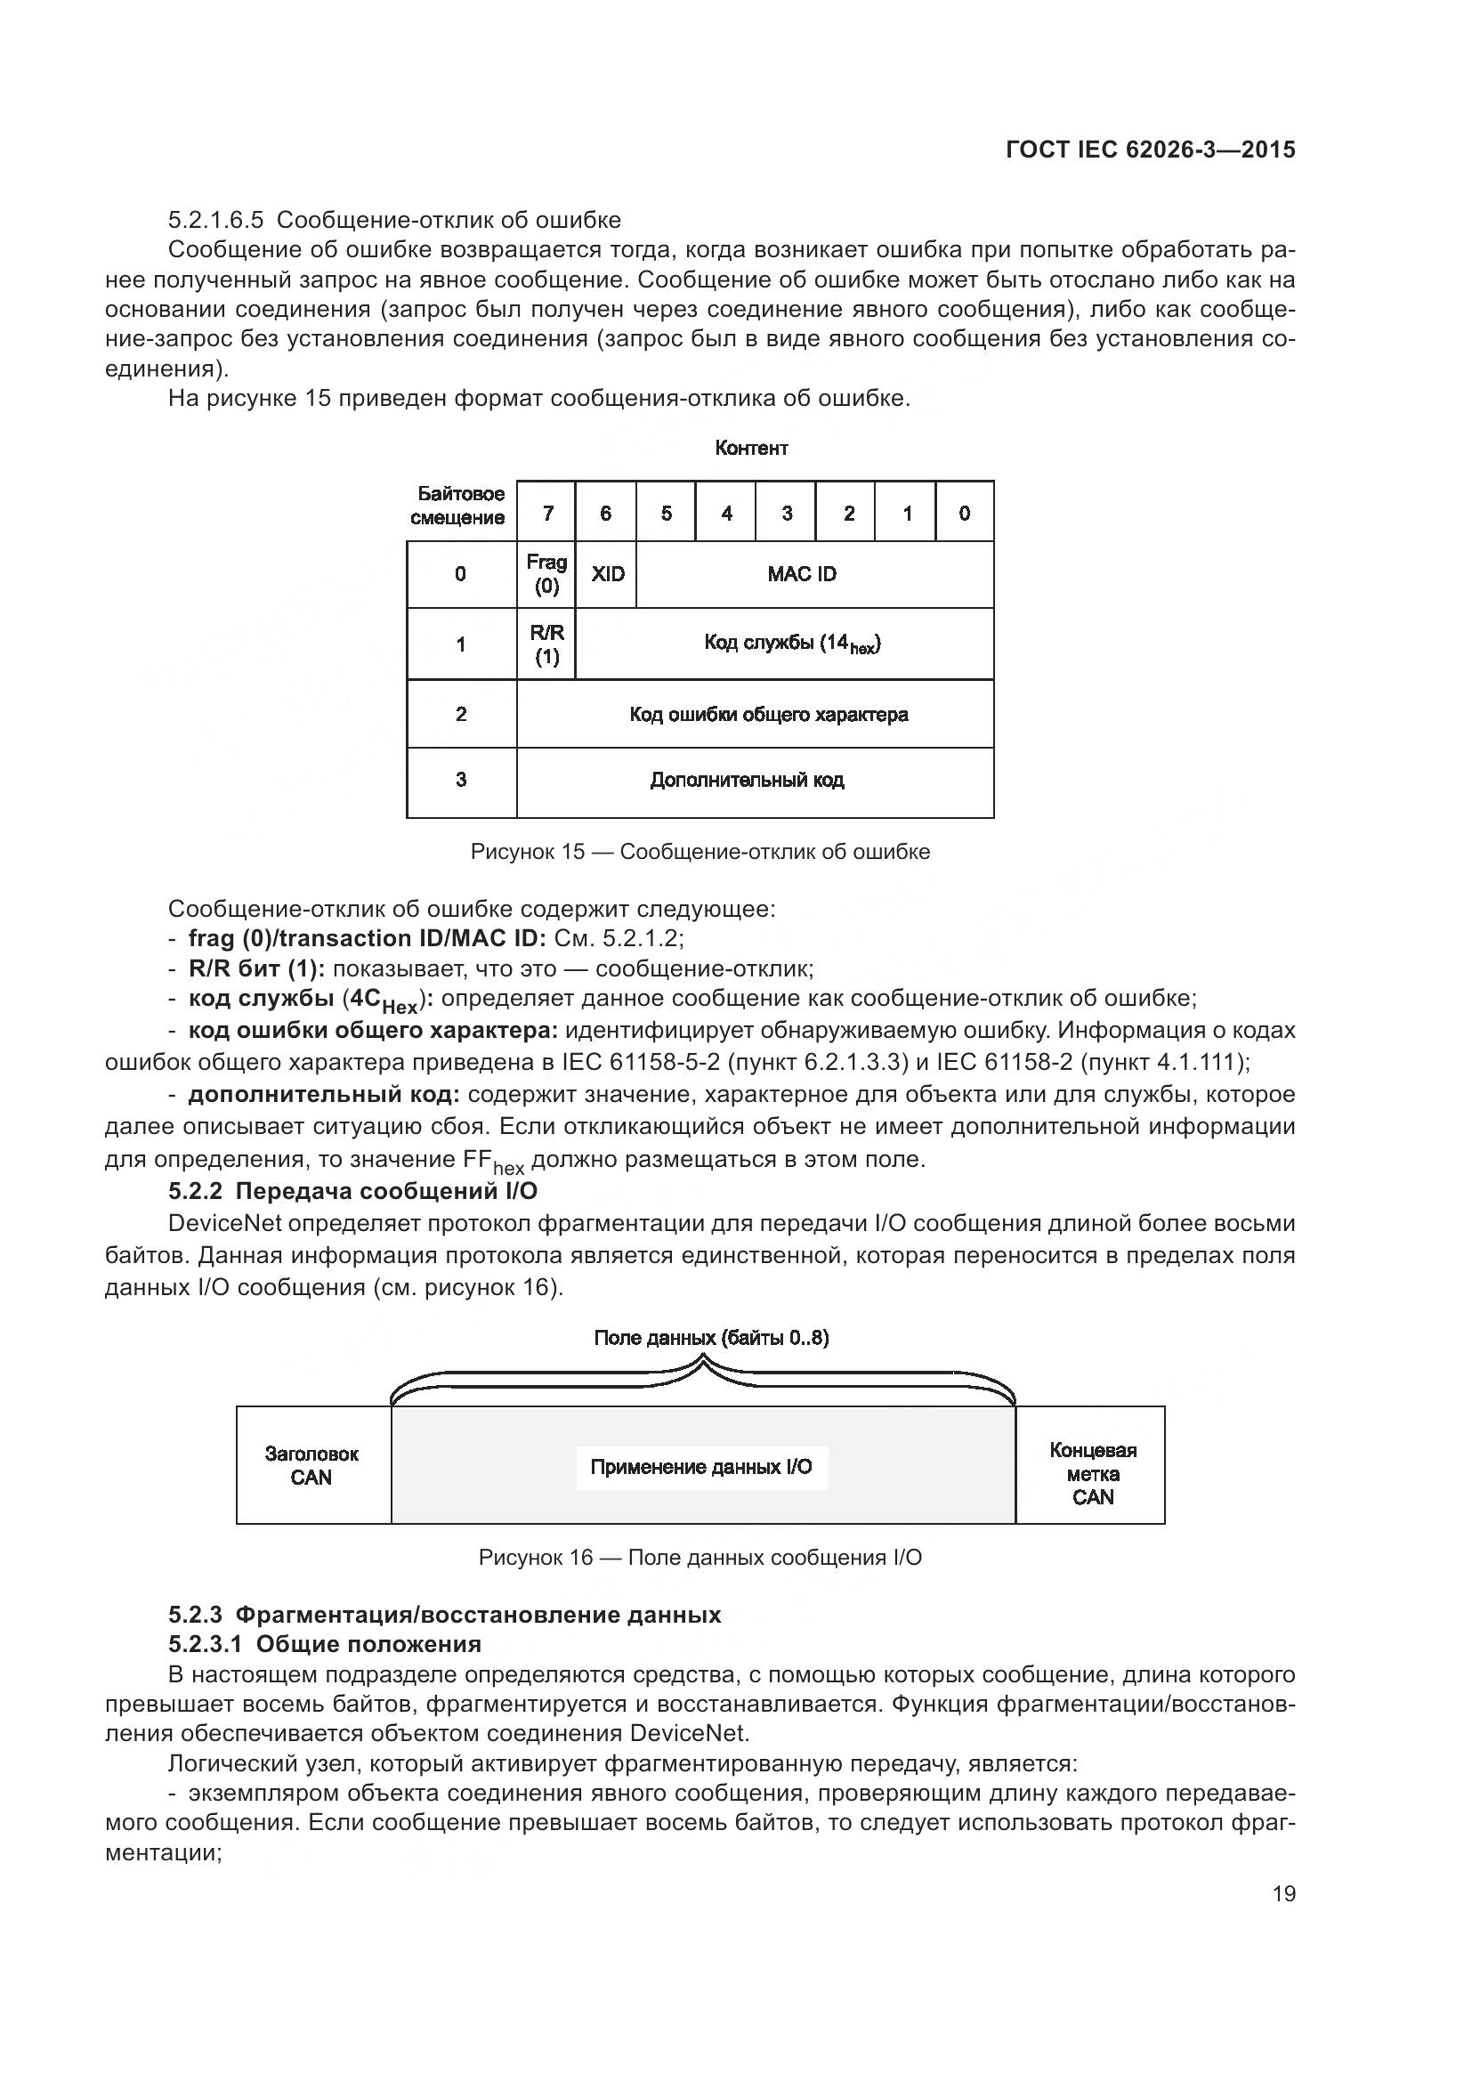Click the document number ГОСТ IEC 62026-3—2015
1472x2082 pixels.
pyautogui.click(x=1150, y=150)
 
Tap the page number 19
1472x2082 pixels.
pyautogui.click(x=1283, y=1893)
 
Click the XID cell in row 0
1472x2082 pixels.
pyautogui.click(x=606, y=574)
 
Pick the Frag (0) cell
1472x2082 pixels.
pyautogui.click(x=546, y=574)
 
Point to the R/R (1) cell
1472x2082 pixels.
pyautogui.click(x=546, y=644)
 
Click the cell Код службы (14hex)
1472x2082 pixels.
pyautogui.click(x=785, y=644)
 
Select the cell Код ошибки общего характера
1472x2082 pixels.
pyautogui.click(x=755, y=715)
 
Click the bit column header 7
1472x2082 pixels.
pyautogui.click(x=547, y=514)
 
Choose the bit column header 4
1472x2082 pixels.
pyautogui.click(x=726, y=514)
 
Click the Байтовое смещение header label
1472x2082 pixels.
pyautogui.click(x=459, y=506)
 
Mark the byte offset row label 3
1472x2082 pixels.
pyautogui.click(x=461, y=780)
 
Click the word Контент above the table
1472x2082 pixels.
pyautogui.click(x=751, y=448)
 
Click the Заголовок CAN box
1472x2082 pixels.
pyautogui.click(x=311, y=1465)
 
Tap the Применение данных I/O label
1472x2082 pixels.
pyautogui.click(x=701, y=1466)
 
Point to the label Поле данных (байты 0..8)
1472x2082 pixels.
pyautogui.click(x=710, y=1338)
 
